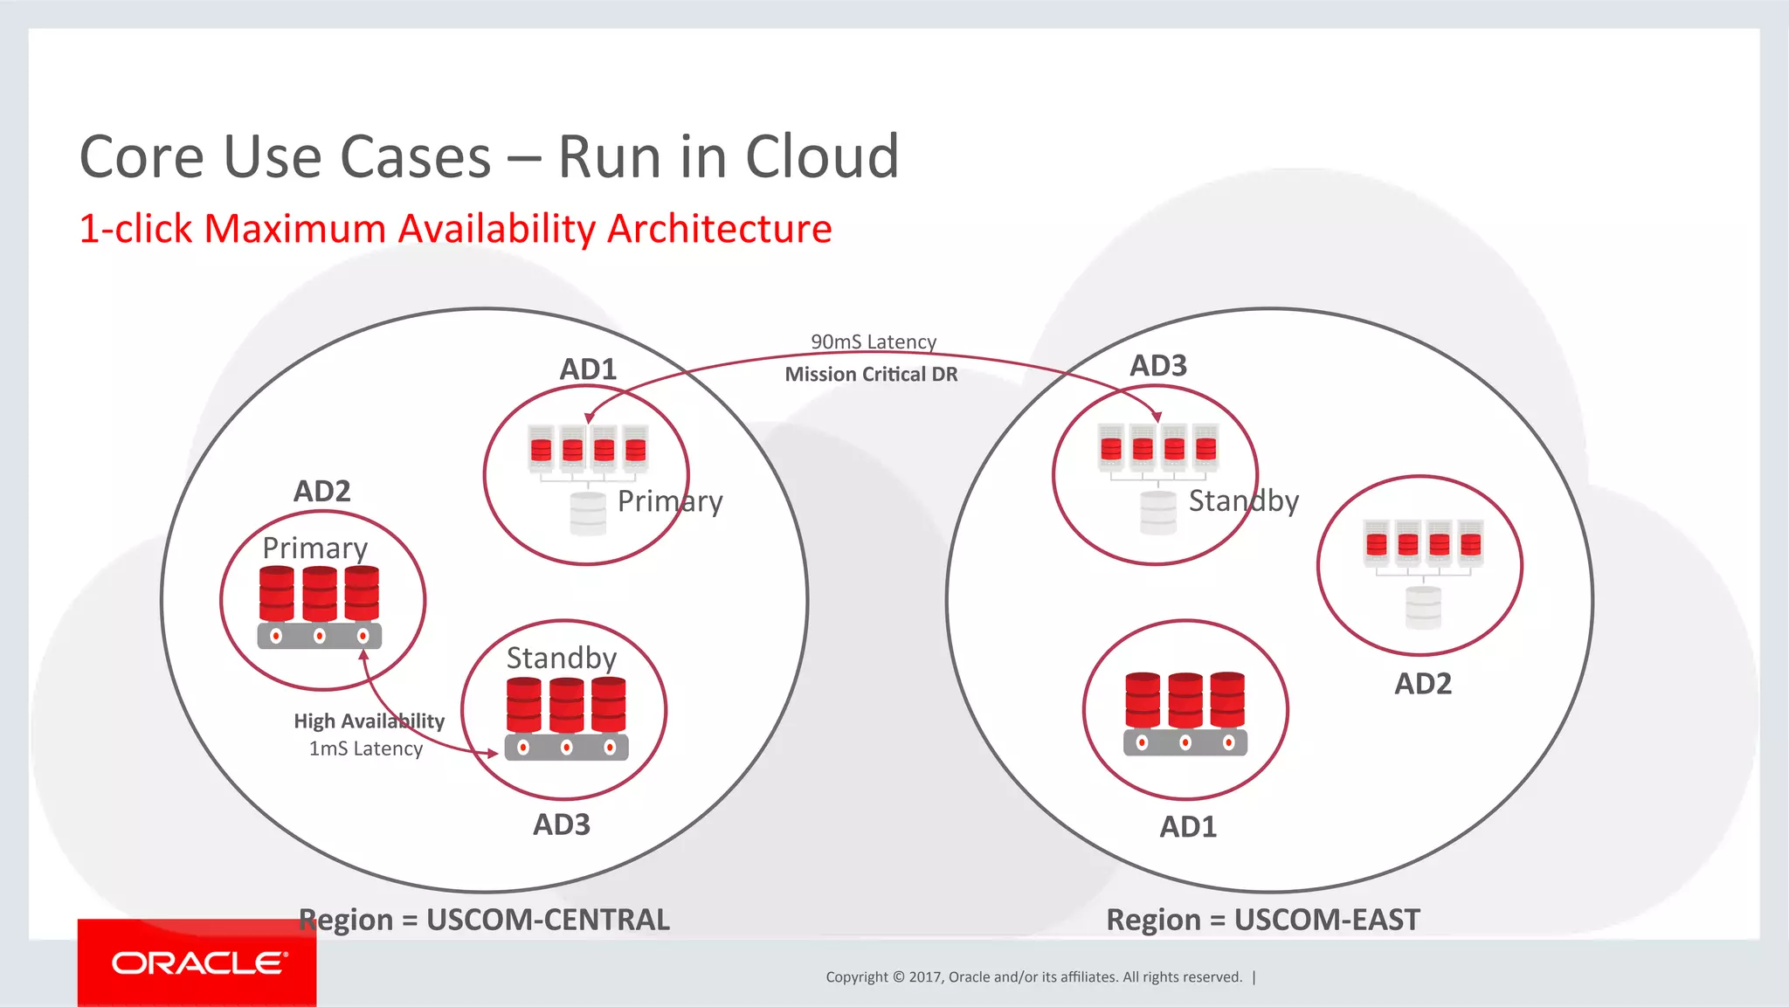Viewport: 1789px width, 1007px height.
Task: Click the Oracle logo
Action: pos(197,963)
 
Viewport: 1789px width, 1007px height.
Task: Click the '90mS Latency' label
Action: pos(873,341)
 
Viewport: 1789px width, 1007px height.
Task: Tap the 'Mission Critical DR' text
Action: pos(871,375)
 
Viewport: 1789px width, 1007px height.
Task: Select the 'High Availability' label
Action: pos(369,721)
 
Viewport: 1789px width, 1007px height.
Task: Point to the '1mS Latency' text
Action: pos(365,748)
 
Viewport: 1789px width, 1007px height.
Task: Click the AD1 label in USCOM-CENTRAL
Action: pos(588,369)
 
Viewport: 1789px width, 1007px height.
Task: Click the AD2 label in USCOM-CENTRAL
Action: pos(321,492)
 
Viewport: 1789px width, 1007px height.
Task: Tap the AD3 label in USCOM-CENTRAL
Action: pos(562,824)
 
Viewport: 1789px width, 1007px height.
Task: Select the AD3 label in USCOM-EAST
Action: pos(1158,366)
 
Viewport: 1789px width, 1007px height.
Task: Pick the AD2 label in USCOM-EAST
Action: pos(1422,684)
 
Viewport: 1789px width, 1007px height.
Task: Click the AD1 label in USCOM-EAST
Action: pos(1188,827)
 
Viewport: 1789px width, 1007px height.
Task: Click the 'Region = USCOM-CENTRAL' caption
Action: pos(484,920)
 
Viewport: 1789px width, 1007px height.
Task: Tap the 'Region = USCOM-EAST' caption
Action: pos(1263,920)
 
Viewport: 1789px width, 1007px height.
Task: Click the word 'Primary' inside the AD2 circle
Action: pos(315,548)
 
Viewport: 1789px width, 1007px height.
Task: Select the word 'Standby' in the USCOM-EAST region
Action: pos(1243,501)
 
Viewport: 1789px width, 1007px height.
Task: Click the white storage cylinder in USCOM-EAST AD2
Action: pos(1423,608)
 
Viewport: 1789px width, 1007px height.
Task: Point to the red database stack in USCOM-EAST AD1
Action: pos(1185,701)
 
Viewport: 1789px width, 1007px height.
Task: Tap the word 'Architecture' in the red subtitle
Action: pos(719,229)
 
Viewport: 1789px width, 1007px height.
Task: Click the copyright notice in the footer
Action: pos(1033,976)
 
